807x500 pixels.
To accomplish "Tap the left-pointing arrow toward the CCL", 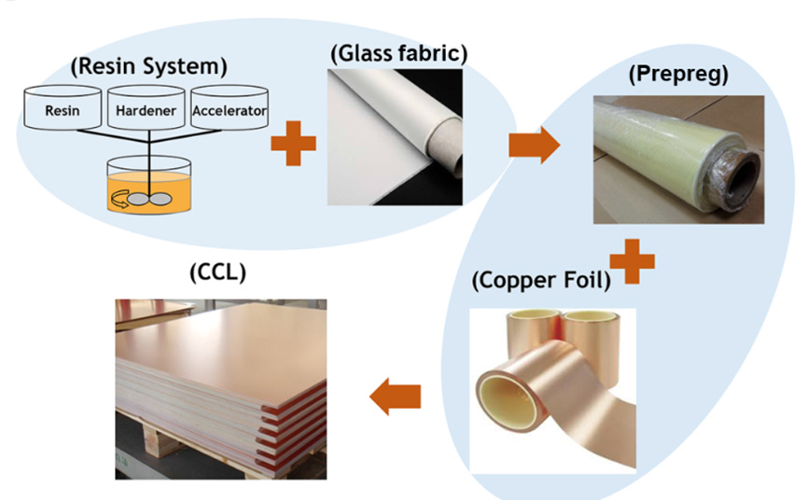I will coord(396,397).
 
